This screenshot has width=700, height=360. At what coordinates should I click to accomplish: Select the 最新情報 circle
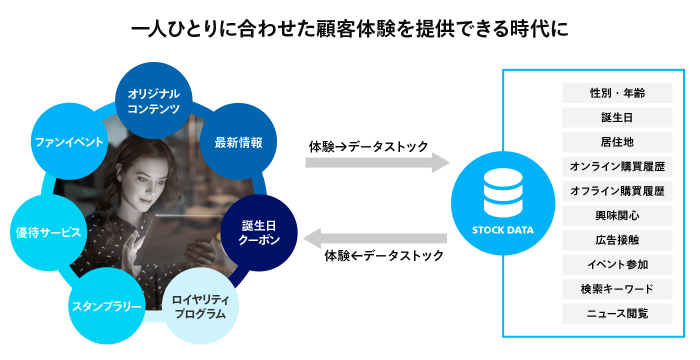[x=238, y=142]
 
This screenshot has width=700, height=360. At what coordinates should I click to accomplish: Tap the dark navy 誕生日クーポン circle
[x=259, y=233]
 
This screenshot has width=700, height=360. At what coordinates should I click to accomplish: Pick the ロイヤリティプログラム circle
[x=200, y=307]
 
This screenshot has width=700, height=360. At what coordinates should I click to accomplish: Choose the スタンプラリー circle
[x=106, y=306]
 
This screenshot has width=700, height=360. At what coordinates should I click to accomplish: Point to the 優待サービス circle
[x=48, y=232]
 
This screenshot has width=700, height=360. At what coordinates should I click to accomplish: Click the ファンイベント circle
[x=69, y=142]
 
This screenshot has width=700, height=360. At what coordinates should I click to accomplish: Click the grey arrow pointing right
[x=377, y=162]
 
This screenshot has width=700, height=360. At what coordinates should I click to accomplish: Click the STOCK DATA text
[x=502, y=230]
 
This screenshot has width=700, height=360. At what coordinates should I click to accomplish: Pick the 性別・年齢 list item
[x=617, y=93]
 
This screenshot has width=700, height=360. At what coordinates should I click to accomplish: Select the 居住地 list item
[x=617, y=142]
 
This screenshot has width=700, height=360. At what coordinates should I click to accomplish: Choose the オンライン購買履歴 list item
[x=617, y=166]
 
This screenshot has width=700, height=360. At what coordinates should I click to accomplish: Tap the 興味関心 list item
[x=617, y=215]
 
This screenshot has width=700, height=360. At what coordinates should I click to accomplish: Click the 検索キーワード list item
[x=617, y=289]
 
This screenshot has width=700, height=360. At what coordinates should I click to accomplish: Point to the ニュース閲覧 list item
[x=617, y=313]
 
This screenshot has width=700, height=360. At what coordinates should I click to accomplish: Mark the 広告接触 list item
[x=617, y=240]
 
